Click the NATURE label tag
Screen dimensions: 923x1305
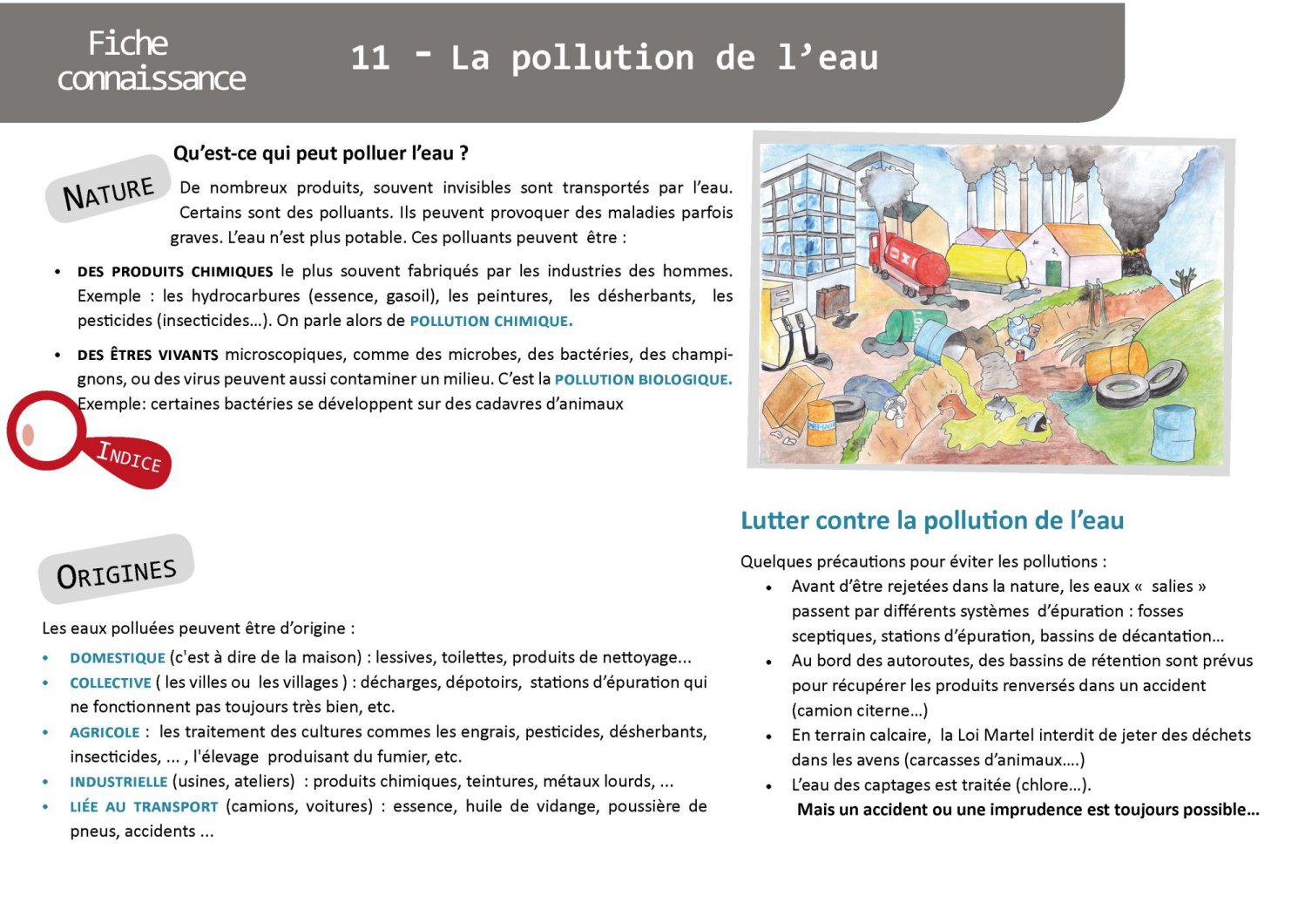tap(108, 191)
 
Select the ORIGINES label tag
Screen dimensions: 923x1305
tap(116, 573)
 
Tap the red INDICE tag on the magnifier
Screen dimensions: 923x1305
tap(130, 457)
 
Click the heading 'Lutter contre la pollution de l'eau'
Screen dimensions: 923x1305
tap(931, 520)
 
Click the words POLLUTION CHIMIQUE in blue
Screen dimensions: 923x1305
tap(490, 321)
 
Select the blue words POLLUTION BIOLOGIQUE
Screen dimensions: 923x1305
tap(643, 379)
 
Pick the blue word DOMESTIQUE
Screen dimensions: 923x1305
tap(118, 658)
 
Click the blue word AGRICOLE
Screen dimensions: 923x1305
tap(105, 732)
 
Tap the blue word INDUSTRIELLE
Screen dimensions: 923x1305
tap(118, 782)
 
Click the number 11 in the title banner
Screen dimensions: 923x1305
tap(369, 58)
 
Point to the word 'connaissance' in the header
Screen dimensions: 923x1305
tap(152, 79)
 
